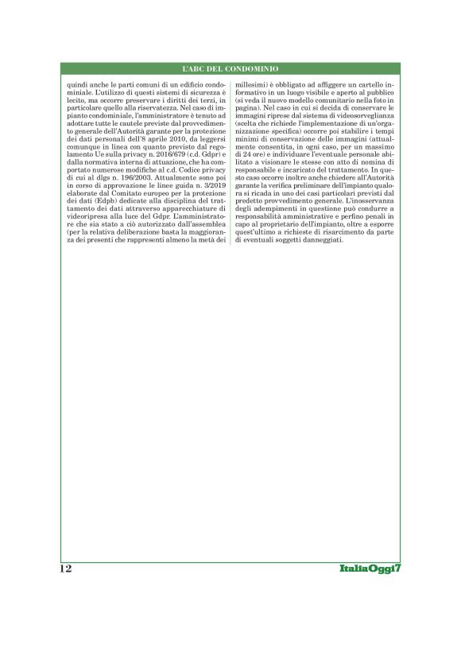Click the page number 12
(x=65, y=569)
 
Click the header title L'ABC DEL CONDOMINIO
(x=230, y=69)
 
